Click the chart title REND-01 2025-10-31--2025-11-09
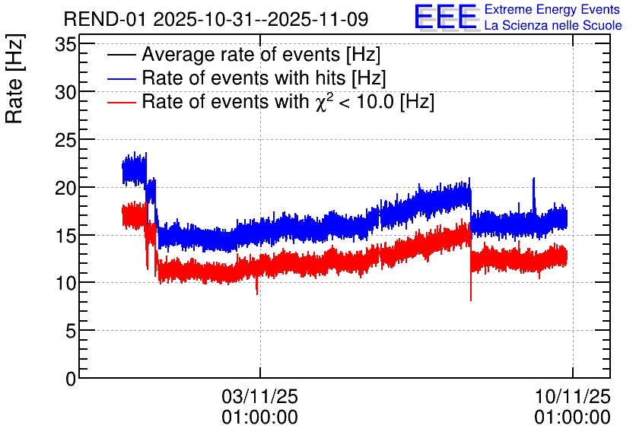point(216,19)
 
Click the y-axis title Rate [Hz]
point(14,78)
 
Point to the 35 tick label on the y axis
point(65,44)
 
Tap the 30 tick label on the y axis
point(65,92)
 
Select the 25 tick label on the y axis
point(65,140)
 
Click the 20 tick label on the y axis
point(65,188)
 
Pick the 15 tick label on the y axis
point(65,235)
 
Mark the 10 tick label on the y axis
point(65,283)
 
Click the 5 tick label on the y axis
point(71,331)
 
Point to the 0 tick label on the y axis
point(71,379)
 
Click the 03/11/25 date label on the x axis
point(259,396)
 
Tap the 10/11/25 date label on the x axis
point(572,396)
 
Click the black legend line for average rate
point(121,55)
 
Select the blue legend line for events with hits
point(121,78)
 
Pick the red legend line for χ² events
point(121,102)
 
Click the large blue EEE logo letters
point(445,17)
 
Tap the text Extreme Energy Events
point(552,9)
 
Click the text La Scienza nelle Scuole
point(553,25)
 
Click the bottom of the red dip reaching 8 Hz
point(470,300)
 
